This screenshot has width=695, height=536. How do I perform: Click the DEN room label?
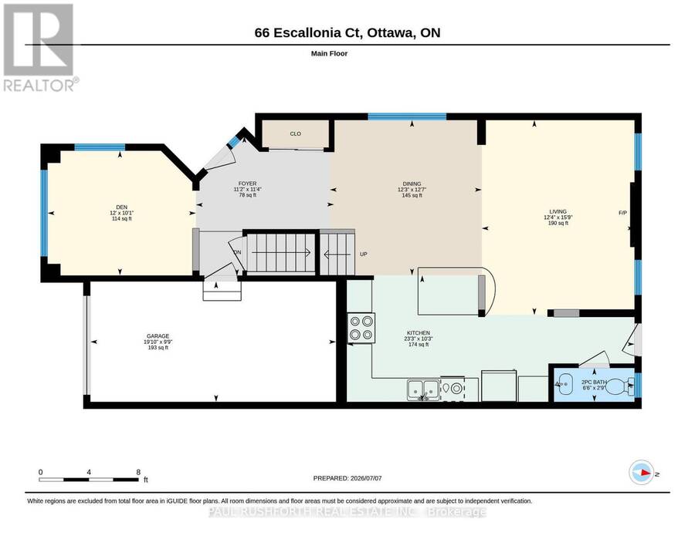[x=121, y=207]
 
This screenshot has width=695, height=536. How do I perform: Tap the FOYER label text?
[x=247, y=184]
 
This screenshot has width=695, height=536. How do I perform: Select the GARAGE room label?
[x=158, y=336]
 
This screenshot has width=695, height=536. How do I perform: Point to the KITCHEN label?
[x=419, y=333]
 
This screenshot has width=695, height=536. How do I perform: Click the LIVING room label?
[x=558, y=211]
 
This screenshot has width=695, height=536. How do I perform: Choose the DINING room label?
[x=412, y=184]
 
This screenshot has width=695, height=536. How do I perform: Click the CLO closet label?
[x=296, y=133]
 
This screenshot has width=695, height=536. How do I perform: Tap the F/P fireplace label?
[x=622, y=213]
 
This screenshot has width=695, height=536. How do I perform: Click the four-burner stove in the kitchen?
[x=361, y=328]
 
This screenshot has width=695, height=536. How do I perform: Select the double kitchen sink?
[x=423, y=390]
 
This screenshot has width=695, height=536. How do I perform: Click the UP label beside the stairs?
[x=364, y=254]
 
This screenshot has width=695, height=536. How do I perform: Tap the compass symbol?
[x=642, y=472]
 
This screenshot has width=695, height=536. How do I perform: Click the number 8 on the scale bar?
[x=139, y=472]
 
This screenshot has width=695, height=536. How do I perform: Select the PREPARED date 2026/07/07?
[x=366, y=478]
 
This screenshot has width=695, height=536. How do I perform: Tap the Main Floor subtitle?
[x=329, y=53]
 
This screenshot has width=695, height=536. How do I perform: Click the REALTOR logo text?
[x=39, y=85]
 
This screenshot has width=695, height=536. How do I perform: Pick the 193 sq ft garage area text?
[x=158, y=348]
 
